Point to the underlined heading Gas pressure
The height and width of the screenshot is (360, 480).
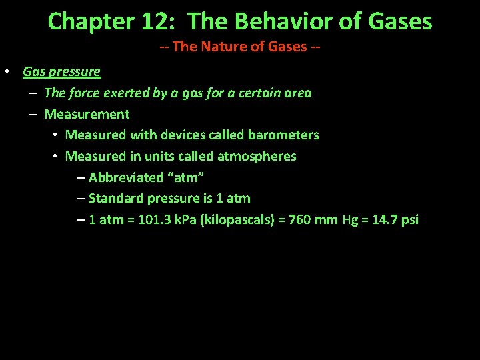(x=61, y=71)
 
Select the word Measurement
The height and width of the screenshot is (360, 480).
(x=87, y=114)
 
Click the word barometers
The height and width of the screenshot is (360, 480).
(x=283, y=135)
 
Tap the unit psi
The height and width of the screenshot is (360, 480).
(x=409, y=219)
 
